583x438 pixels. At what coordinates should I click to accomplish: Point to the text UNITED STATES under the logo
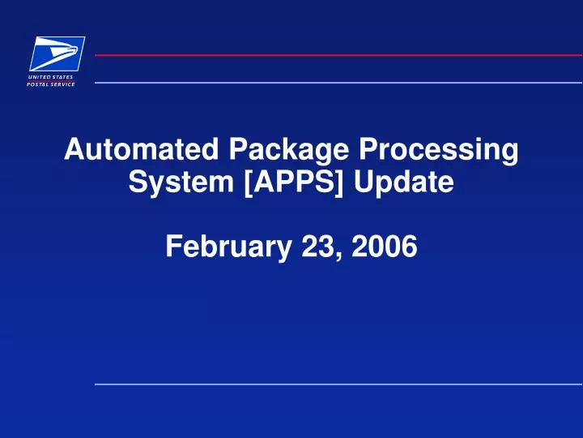pos(53,77)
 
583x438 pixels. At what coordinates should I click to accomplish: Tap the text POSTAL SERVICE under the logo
pos(53,84)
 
